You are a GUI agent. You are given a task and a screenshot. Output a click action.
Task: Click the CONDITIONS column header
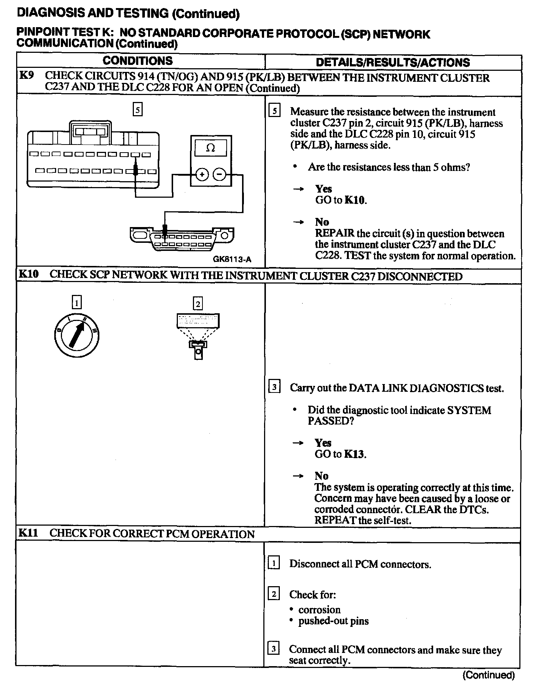138,61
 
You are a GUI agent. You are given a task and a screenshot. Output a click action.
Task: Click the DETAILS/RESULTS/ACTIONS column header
392,62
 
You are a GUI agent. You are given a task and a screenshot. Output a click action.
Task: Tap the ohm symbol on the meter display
211,148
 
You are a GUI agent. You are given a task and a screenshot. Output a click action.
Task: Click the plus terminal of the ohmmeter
201,175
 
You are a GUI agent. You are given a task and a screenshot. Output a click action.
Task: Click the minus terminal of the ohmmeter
219,175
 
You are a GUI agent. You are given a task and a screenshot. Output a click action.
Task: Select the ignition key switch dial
76,335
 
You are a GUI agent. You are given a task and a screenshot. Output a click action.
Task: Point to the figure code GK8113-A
232,259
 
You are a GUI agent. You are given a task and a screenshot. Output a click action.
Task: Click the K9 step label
26,76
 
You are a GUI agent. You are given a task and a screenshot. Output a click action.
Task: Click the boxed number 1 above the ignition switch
76,303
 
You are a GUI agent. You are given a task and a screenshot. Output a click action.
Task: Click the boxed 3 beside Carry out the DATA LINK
274,387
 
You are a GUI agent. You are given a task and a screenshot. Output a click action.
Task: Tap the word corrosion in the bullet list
319,610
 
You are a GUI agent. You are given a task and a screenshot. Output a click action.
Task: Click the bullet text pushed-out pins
333,621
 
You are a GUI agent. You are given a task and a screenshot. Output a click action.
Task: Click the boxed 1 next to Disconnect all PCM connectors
274,563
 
